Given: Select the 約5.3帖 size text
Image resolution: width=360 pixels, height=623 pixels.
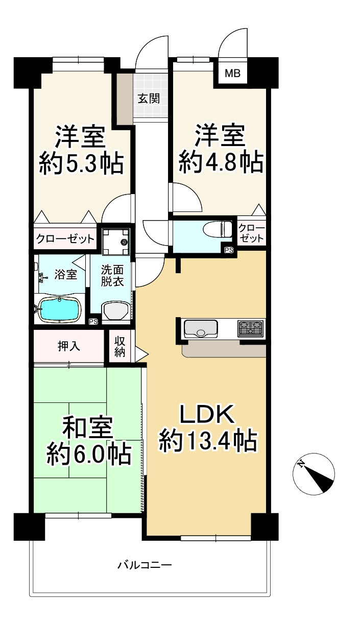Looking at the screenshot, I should click(x=81, y=164).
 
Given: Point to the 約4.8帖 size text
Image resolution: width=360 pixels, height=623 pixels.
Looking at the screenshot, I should click(x=221, y=163).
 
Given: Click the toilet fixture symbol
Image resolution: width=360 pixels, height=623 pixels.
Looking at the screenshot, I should click(x=217, y=229).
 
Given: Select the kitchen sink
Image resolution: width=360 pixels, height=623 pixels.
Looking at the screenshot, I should click(x=201, y=328).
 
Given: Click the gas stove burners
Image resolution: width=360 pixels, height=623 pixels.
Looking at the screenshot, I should click(x=250, y=327).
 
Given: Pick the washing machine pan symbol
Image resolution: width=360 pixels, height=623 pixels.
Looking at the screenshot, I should click(x=116, y=241).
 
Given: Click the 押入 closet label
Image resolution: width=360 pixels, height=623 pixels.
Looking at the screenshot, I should click(x=69, y=346).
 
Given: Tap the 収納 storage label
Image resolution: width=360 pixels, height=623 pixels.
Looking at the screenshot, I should click(x=120, y=347).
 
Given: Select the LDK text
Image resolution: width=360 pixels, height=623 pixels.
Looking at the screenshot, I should click(x=206, y=415).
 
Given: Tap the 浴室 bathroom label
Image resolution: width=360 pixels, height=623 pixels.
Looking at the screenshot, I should click(x=66, y=274).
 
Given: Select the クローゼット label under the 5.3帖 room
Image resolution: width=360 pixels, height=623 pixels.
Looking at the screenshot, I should click(x=65, y=238).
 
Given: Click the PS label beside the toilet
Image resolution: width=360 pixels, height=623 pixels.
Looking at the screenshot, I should click(x=229, y=250).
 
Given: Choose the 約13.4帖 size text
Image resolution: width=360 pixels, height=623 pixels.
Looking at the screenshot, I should click(x=207, y=441).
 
